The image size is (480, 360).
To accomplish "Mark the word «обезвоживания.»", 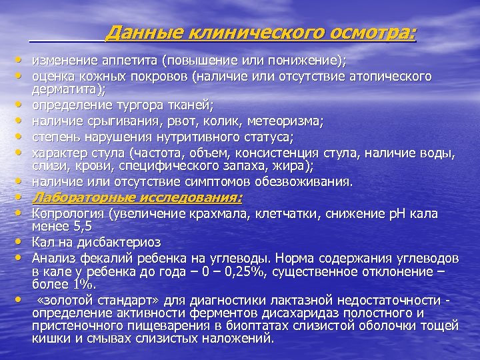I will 305,181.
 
